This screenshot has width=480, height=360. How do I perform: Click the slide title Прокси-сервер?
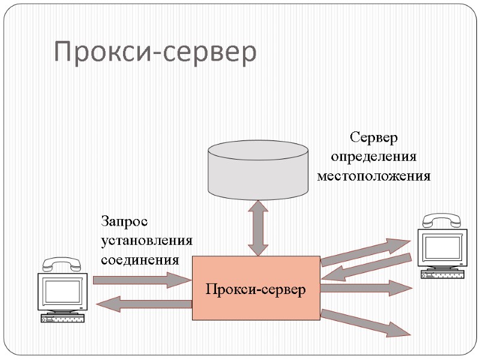coord(155,52)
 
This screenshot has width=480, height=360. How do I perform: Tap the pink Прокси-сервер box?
coord(256,288)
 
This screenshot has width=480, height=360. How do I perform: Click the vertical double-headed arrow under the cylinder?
coord(258,228)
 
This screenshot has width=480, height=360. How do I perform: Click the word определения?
coord(374,157)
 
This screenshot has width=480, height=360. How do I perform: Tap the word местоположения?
coord(374,176)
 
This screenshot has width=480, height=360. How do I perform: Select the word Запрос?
coord(124,221)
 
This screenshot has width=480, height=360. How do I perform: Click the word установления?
coord(147,241)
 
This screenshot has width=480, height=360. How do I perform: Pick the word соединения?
coord(140,260)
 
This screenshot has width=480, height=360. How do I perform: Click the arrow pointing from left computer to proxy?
coord(142,280)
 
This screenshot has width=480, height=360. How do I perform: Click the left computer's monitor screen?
coord(61,293)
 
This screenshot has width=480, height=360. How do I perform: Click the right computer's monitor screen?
coord(444,247)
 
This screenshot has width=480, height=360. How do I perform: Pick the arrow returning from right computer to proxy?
coord(366,268)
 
